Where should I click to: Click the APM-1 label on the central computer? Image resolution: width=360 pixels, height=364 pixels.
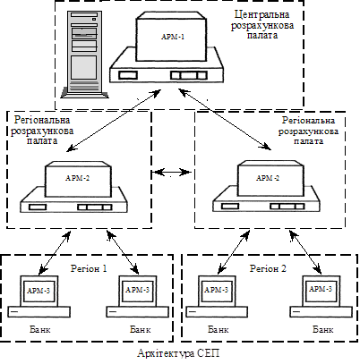[x=173, y=37]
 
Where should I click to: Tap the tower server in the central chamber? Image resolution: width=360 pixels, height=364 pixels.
[x=84, y=55]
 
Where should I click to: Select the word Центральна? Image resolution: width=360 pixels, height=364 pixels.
[x=261, y=14]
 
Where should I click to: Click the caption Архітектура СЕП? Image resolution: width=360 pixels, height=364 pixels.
[x=178, y=353]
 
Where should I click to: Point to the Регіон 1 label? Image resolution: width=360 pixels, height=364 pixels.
[x=89, y=268]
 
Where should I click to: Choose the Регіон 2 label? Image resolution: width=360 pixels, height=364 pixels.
[x=268, y=268]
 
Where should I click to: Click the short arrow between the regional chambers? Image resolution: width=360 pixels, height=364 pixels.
[x=171, y=172]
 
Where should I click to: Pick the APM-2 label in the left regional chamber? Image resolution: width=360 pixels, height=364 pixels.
[x=78, y=178]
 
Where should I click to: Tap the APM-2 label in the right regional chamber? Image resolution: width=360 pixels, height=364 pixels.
[x=268, y=178]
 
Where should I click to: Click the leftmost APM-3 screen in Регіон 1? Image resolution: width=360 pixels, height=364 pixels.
[x=39, y=291]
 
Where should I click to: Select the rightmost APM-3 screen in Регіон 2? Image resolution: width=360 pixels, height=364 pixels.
[x=321, y=290]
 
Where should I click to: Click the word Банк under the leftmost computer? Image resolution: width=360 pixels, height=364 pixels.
[x=40, y=330]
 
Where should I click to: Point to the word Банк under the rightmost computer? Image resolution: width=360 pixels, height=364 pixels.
[x=323, y=329]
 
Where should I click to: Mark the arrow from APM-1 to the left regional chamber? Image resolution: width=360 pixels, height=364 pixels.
[x=114, y=121]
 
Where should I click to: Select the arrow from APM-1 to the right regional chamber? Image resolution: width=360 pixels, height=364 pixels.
[x=225, y=119]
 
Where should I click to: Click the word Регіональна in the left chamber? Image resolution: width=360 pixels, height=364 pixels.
[x=42, y=120]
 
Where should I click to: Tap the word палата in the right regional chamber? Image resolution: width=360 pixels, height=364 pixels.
[x=308, y=141]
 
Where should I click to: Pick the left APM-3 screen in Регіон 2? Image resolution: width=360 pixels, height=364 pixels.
[x=217, y=291]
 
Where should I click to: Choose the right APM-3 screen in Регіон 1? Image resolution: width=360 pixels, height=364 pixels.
[x=137, y=291]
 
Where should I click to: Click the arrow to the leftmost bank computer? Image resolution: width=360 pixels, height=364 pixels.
[x=55, y=252]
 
